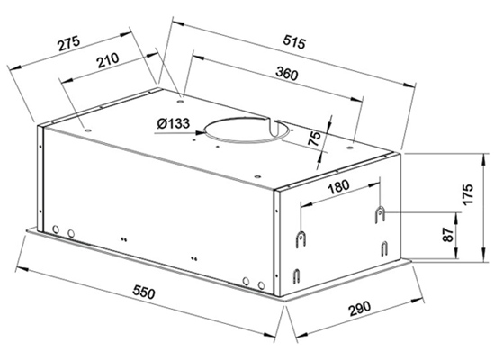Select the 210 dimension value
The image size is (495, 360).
coord(108,60)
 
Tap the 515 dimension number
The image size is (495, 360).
coord(294,42)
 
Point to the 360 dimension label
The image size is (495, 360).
coord(286,74)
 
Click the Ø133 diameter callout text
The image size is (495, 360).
coord(174,123)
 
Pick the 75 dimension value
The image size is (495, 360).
coord(314,139)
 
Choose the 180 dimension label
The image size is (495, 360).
coord(339,187)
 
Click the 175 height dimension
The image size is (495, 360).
coord(467,193)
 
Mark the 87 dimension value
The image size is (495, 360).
coord(448,235)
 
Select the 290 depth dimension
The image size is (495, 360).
coord(360,309)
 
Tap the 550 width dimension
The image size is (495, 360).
coord(144,292)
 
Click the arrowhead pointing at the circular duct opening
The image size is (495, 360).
coord(200,133)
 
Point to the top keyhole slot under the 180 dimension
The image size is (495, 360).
coord(380,215)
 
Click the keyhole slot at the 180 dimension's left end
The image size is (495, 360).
coord(301,239)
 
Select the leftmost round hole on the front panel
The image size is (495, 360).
coord(56,229)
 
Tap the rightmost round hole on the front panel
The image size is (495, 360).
coord(261,285)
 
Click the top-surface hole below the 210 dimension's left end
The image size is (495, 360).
coord(87,130)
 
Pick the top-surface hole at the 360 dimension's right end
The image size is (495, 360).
coord(349,148)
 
